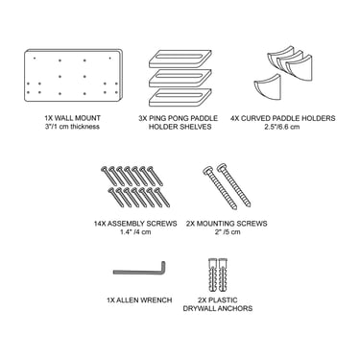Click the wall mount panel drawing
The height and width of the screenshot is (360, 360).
(73, 76)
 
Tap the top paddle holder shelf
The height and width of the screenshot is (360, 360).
(180, 59)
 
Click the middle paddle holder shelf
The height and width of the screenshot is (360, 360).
(180, 79)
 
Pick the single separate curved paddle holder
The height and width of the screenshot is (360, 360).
(268, 86)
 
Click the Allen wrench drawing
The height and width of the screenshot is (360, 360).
(139, 270)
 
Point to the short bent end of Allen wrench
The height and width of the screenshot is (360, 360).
(163, 268)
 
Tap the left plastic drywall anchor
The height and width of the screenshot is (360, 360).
(212, 275)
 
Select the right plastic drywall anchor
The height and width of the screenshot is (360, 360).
(223, 275)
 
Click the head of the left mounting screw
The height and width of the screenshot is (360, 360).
(207, 170)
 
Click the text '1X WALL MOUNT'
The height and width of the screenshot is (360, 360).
(73, 118)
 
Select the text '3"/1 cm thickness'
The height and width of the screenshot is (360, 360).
(73, 127)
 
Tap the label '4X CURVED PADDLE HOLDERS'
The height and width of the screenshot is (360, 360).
(283, 118)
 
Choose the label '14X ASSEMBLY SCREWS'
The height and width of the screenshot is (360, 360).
(135, 224)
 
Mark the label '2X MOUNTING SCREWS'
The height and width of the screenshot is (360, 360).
(227, 224)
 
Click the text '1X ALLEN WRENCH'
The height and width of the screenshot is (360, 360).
(139, 300)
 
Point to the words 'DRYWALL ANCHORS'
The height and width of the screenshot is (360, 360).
(218, 308)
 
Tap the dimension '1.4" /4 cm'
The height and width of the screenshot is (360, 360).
(135, 231)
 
